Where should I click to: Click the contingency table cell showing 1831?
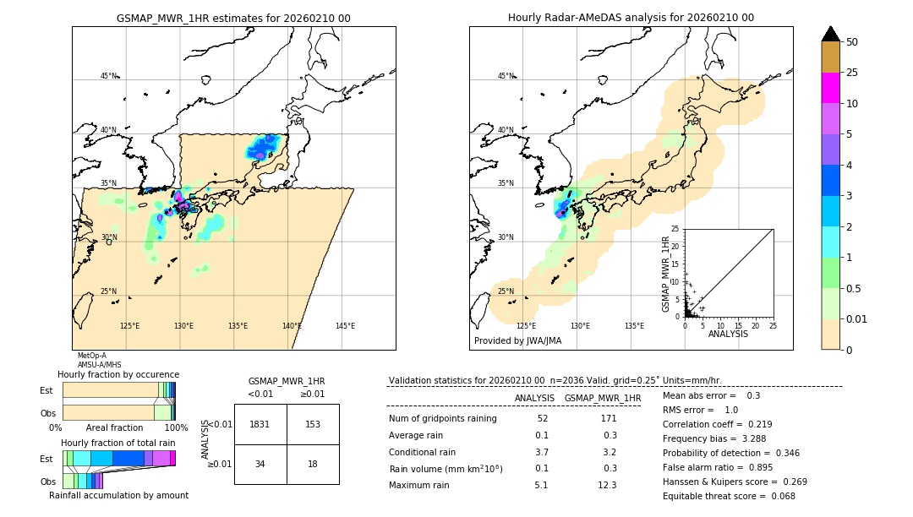pyautogui.click(x=260, y=424)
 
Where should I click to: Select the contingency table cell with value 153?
pyautogui.click(x=313, y=424)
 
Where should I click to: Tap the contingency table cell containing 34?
pyautogui.click(x=260, y=464)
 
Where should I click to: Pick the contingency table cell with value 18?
pyautogui.click(x=313, y=464)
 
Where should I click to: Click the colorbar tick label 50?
pyautogui.click(x=852, y=42)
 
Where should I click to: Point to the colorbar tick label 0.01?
pyautogui.click(x=856, y=318)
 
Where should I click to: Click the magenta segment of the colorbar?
pyautogui.click(x=831, y=88)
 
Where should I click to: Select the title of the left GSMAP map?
pyautogui.click(x=233, y=18)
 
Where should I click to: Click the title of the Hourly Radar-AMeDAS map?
pyautogui.click(x=631, y=18)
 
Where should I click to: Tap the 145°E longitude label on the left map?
pyautogui.click(x=345, y=326)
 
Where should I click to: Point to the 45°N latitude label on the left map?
pyautogui.click(x=108, y=76)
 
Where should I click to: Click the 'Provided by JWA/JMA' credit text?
pyautogui.click(x=517, y=340)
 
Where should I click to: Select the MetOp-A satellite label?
pyautogui.click(x=91, y=356)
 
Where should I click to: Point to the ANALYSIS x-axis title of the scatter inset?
pyautogui.click(x=728, y=334)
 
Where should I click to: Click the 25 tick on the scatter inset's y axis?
pyautogui.click(x=675, y=229)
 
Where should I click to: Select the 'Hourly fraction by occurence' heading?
pyautogui.click(x=118, y=374)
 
